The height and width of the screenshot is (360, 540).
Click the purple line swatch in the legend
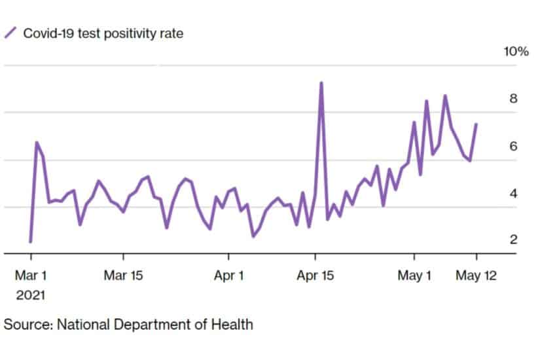pos(11,33)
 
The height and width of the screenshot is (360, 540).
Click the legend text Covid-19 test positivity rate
pos(103,33)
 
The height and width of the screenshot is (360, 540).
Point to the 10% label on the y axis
pos(515,52)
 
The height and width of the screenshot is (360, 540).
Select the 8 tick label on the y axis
pos(514,99)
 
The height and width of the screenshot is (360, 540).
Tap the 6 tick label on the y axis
pos(514,146)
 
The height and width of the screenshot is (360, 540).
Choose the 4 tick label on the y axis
pos(514,193)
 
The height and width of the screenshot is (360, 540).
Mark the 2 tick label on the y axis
pos(514,240)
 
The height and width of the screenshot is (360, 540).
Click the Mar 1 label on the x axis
pos(30,276)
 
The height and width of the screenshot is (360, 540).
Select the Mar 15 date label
pos(123,276)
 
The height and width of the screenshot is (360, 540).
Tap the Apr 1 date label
pos(229,276)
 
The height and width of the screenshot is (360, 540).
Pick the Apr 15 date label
pos(315,276)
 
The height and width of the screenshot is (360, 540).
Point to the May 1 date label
pos(414,276)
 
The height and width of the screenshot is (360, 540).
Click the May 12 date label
pos(476,276)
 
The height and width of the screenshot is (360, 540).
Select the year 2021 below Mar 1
pos(30,295)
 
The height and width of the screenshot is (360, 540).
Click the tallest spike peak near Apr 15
pos(321,83)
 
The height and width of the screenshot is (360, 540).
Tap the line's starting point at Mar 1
pos(30,242)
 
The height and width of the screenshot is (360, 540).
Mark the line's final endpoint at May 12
pos(476,124)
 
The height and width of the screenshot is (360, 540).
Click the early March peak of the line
pos(37,142)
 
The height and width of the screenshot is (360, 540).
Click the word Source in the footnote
pos(25,324)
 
